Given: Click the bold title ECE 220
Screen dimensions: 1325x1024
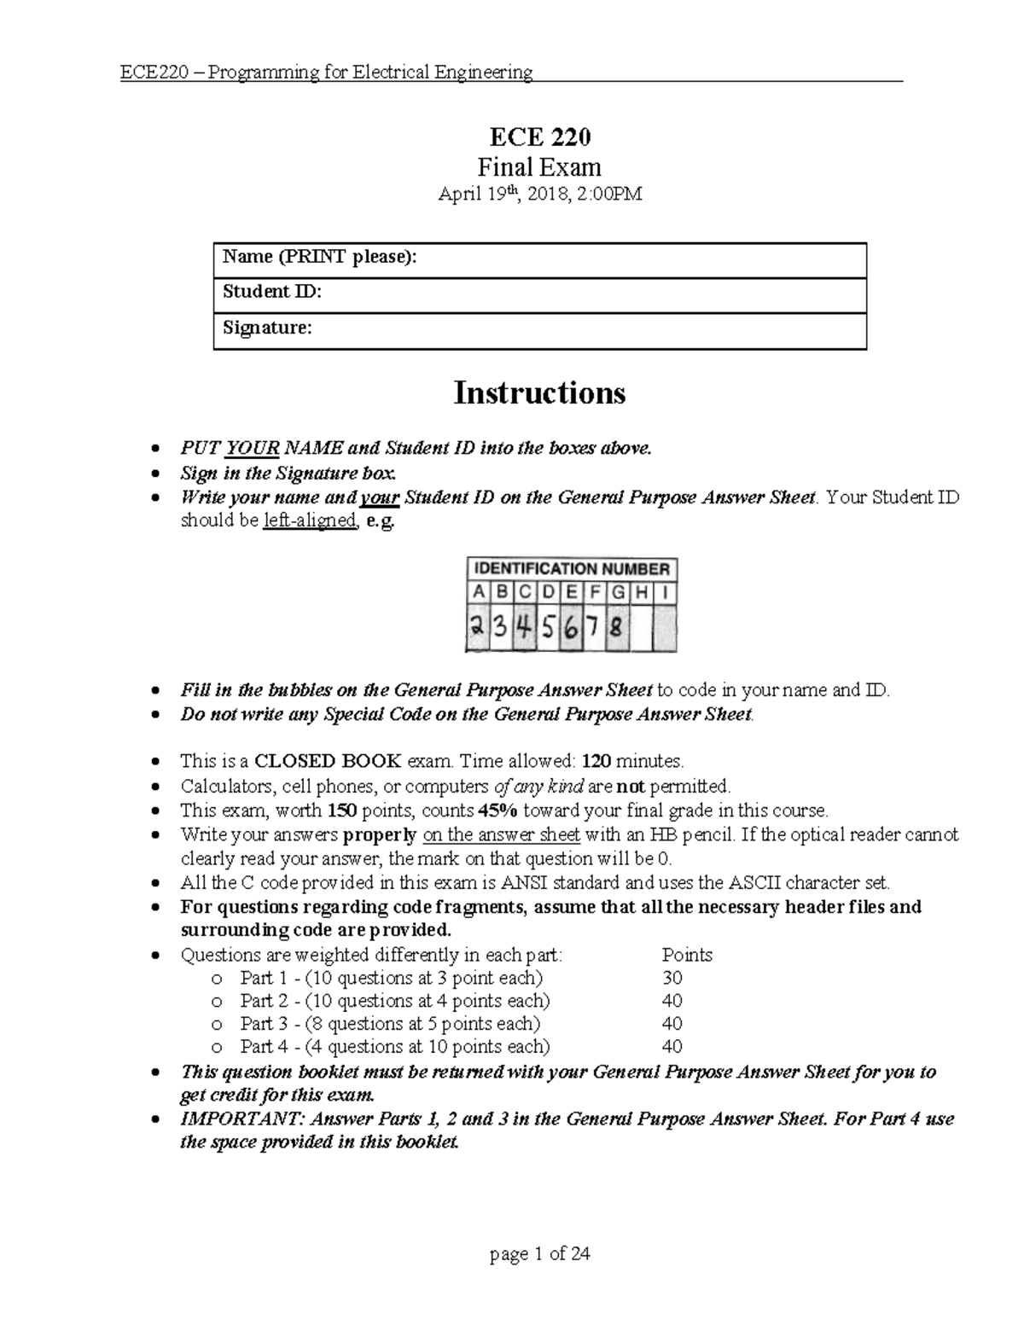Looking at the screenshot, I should click(x=539, y=137).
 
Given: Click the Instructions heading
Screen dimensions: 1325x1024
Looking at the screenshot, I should click(x=539, y=393).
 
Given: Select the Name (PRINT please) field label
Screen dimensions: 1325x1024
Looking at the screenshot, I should click(x=320, y=257).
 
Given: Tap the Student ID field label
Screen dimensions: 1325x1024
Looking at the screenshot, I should click(x=271, y=292).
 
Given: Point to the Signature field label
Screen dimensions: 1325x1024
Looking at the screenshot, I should click(x=267, y=328).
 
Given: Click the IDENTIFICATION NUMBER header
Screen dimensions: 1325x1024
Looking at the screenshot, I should click(x=572, y=569).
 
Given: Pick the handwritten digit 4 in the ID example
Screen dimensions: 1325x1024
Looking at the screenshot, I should click(x=524, y=629).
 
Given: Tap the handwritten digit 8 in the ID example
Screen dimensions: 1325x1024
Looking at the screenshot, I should click(x=616, y=630).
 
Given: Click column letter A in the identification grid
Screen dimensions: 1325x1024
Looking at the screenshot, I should click(x=478, y=592).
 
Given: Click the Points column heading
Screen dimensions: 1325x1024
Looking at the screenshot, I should click(x=687, y=955).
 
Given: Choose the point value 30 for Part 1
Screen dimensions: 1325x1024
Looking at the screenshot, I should click(x=672, y=978).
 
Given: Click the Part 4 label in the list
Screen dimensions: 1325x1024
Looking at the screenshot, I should click(x=257, y=1047).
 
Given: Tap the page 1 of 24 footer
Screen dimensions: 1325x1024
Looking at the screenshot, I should click(x=539, y=1254).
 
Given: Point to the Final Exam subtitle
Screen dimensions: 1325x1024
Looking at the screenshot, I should click(x=539, y=167).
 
